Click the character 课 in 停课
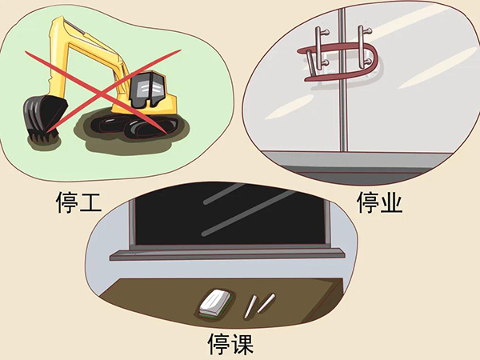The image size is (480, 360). click(239, 346)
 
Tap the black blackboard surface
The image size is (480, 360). click(232, 212)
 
